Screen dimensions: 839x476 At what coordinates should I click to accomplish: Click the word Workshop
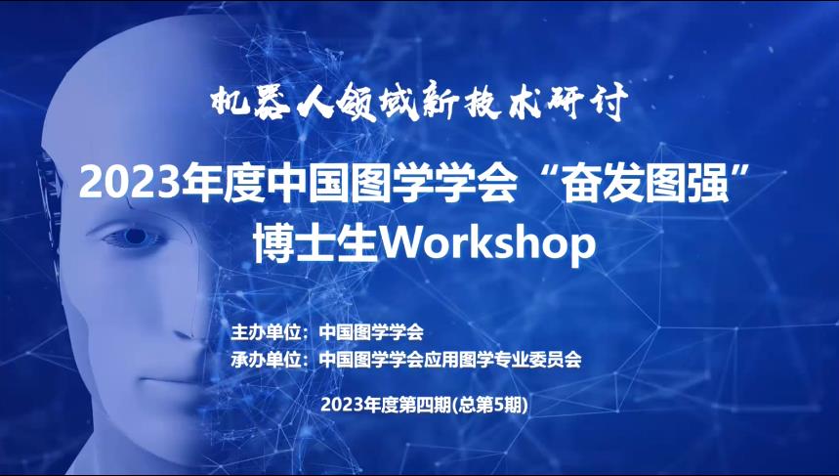pos(488,244)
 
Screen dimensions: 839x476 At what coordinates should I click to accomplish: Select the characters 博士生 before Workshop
pos(316,244)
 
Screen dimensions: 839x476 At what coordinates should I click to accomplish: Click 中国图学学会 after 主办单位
pos(371,332)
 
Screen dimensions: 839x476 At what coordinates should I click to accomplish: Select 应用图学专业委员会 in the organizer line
pos(502,359)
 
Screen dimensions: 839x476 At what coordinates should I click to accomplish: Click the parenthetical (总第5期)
pos(489,406)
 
